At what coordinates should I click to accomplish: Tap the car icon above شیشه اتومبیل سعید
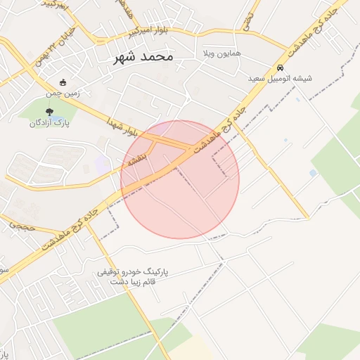tap(281, 68)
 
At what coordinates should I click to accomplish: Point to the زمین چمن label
tap(63, 91)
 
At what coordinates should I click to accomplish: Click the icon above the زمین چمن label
tap(63, 82)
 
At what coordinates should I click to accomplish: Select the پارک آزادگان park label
tap(47, 123)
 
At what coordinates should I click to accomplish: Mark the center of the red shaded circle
tap(180, 179)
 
